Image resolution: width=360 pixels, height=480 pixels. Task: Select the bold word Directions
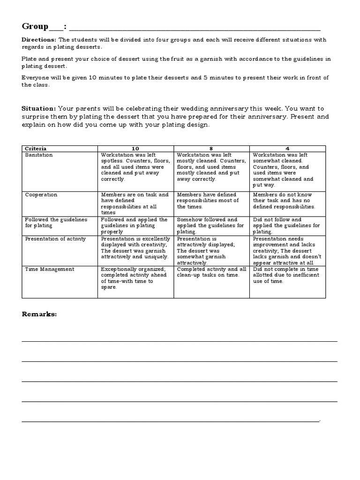pos(39,40)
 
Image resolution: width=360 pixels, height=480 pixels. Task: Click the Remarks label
pos(39,314)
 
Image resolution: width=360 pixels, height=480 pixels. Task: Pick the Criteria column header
pos(35,148)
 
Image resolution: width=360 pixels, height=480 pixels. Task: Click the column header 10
pos(135,148)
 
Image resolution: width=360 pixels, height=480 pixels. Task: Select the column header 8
pos(211,148)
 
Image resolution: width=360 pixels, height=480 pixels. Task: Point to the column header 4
pos(287,148)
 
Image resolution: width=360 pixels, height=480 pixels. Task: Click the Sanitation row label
pos(38,155)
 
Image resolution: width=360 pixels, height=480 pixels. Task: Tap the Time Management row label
pos(49,269)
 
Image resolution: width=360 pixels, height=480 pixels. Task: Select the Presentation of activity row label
pos(55,239)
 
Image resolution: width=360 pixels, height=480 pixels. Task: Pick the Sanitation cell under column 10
pos(135,167)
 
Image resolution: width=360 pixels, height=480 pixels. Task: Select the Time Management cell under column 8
pos(211,272)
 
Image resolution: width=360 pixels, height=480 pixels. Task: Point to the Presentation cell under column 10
pos(135,247)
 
